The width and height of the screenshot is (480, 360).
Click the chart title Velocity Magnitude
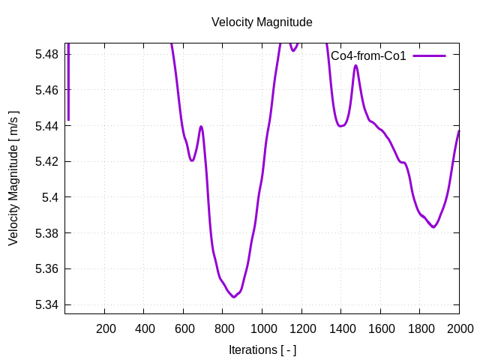(262, 22)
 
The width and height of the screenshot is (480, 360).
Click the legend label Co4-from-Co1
(368, 56)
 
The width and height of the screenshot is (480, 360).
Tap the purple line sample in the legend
(428, 56)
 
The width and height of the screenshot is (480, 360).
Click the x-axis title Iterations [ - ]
(262, 349)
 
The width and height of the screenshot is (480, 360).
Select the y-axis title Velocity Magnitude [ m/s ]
(13, 178)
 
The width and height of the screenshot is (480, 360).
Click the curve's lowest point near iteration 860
(234, 297)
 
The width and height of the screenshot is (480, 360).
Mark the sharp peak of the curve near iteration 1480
(355, 66)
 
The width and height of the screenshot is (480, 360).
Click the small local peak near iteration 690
(201, 127)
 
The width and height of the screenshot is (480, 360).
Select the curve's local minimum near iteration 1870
(433, 227)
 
